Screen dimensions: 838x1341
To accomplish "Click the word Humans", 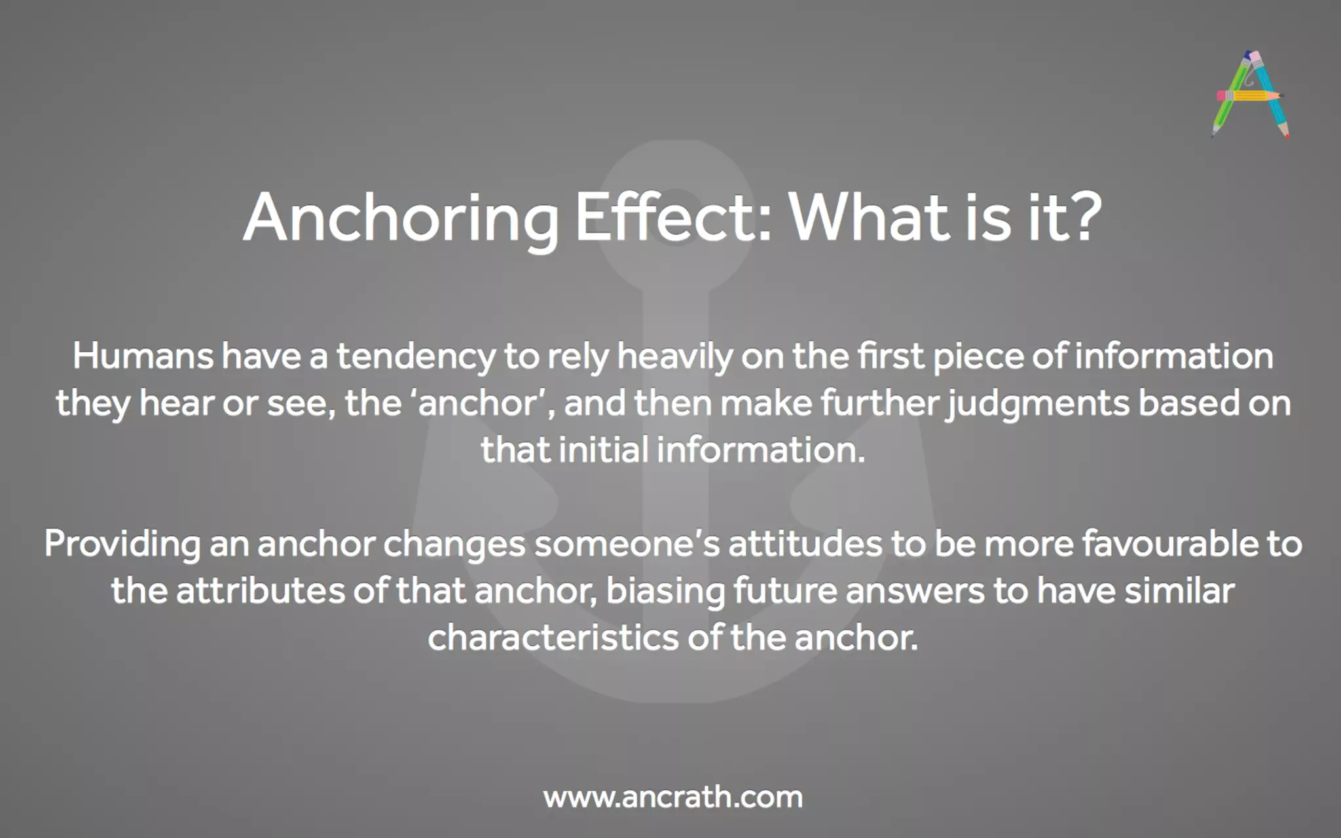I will click(143, 357).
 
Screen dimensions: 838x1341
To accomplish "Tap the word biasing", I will click(665, 591).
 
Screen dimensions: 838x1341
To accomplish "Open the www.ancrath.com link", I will click(673, 797).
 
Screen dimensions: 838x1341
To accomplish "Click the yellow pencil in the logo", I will click(1249, 96).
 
